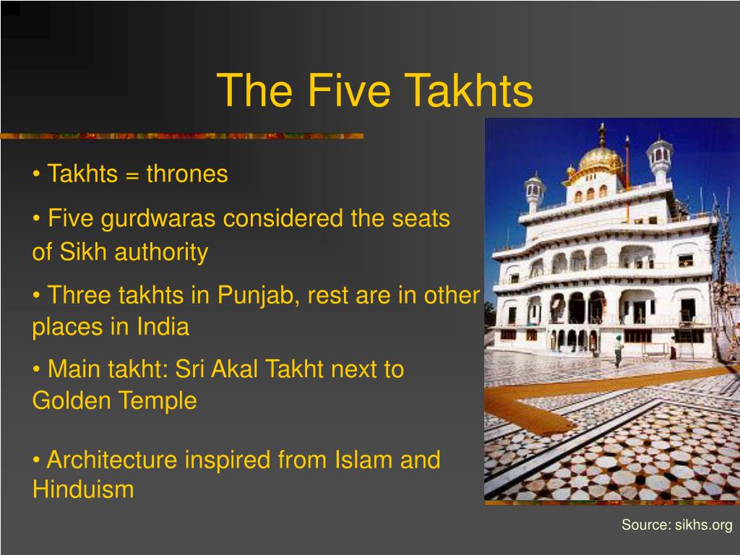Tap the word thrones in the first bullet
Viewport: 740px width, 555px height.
187,174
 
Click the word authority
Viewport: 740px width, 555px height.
161,252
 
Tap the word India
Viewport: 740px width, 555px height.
163,327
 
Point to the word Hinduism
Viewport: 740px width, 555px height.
83,489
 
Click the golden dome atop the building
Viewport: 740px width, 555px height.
601,159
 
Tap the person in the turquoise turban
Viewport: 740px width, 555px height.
619,350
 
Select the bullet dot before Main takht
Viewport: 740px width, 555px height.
37,370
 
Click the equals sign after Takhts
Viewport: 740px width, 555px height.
134,175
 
